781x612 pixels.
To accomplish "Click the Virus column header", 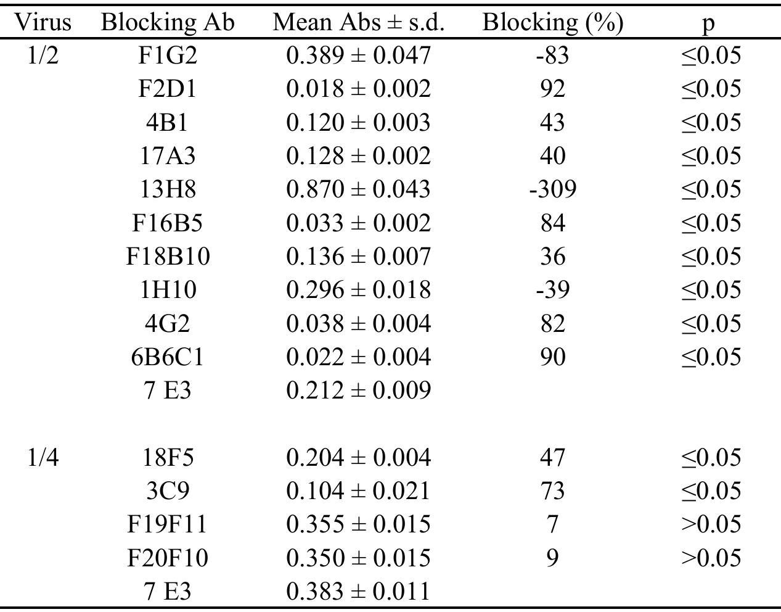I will (x=43, y=23).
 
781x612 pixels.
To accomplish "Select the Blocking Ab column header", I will (x=168, y=23).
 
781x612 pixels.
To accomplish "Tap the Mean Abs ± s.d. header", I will (x=358, y=23).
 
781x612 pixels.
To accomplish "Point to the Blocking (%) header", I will (x=552, y=23).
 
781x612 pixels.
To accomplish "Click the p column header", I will (x=710, y=23).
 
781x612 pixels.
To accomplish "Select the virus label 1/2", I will (x=43, y=56).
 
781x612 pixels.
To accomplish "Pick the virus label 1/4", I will (x=43, y=458).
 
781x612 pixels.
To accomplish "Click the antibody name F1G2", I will (x=168, y=56).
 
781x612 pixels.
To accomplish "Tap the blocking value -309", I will (x=552, y=189).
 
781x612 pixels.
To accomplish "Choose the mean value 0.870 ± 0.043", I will (x=358, y=189).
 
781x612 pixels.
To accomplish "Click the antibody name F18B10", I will (x=168, y=257).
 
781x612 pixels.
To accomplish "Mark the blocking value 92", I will (x=552, y=89).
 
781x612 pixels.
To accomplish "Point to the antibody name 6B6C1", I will (x=168, y=357).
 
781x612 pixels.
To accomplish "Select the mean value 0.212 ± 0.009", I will (x=358, y=391).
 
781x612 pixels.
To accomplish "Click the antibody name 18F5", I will (x=168, y=458).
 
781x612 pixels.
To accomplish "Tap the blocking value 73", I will (x=552, y=491).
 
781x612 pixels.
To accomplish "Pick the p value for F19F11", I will (x=710, y=524).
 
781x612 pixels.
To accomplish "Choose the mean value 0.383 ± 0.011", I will (x=358, y=592).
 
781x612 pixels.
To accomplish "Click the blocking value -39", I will (x=552, y=290).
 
